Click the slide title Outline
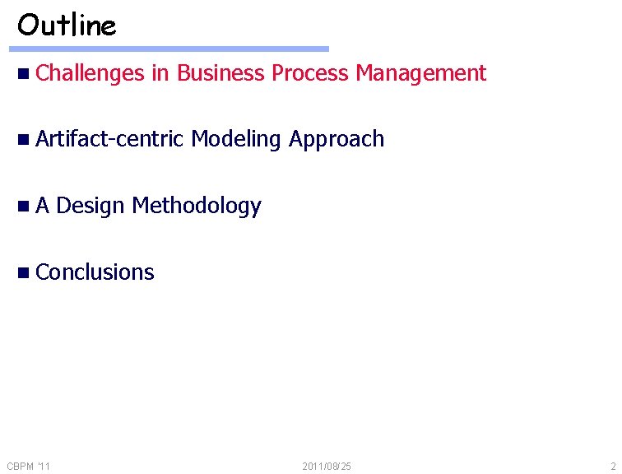(x=67, y=26)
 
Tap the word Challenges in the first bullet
(x=91, y=73)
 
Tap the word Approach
(x=337, y=139)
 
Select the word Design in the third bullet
(x=91, y=206)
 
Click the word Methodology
(x=197, y=206)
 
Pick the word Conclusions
(x=95, y=272)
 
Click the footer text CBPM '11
(x=28, y=467)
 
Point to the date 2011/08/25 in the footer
(x=327, y=467)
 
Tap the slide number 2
(x=613, y=467)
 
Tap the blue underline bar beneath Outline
(x=173, y=49)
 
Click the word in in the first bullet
(x=160, y=73)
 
